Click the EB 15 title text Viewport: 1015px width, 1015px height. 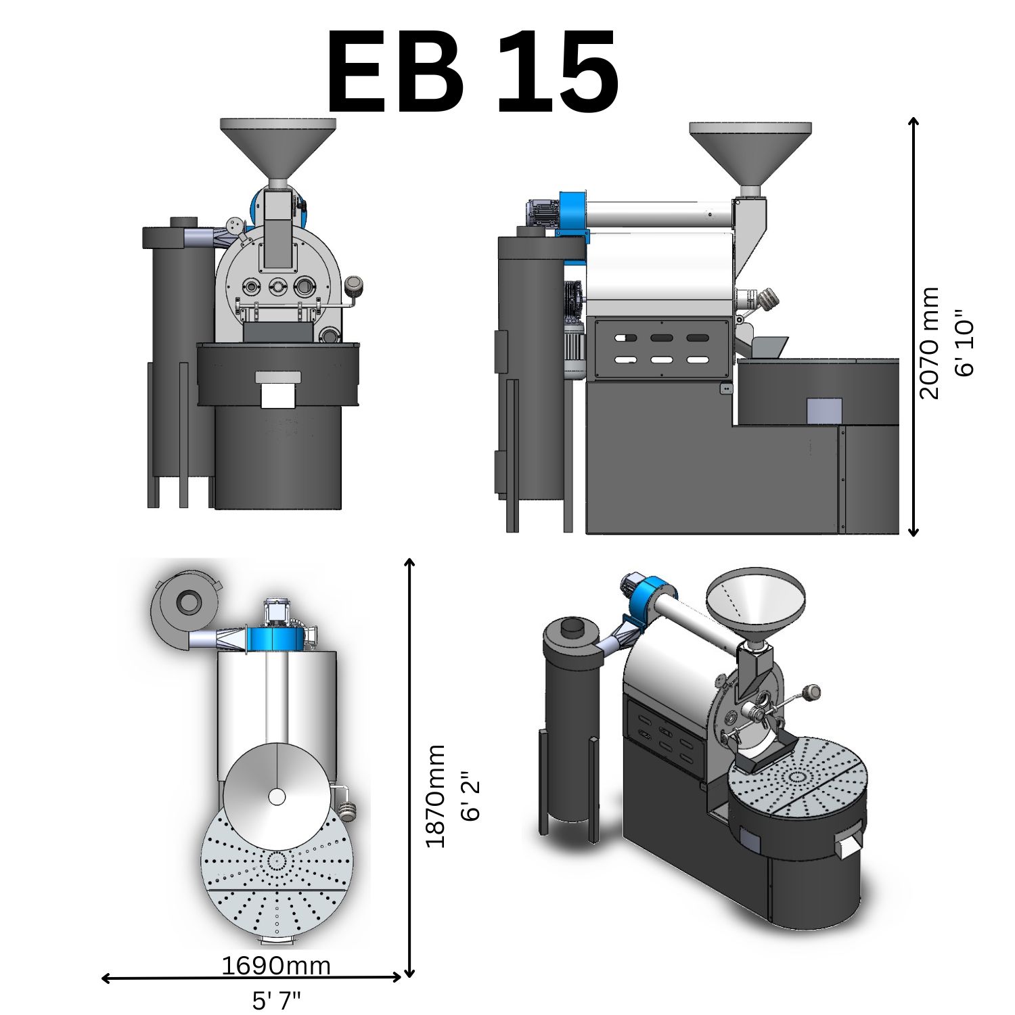coord(472,73)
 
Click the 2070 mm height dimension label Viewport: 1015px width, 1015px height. coord(930,343)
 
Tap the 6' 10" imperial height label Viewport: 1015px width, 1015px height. coord(964,343)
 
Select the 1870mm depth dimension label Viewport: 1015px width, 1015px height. coord(435,796)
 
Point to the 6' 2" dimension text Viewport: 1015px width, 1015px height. coord(470,796)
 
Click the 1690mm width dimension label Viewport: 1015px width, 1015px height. coord(276,966)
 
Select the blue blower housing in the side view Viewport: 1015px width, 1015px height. coord(572,213)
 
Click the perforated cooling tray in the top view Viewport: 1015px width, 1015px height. coord(277,880)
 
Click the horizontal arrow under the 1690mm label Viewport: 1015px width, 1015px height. coord(250,978)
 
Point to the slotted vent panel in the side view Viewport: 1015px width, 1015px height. coord(661,348)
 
